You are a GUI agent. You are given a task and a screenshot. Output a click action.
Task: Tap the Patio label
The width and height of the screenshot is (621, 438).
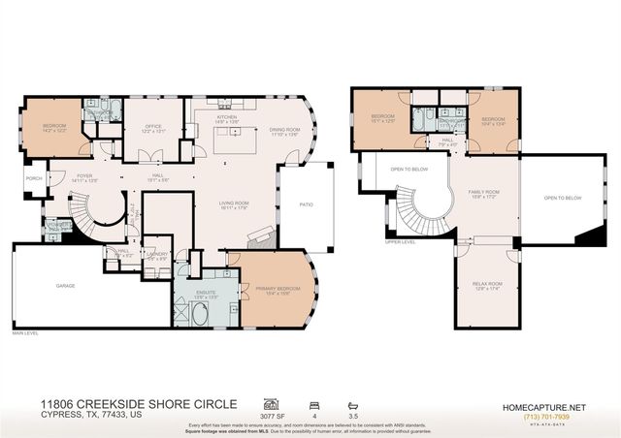tap(305, 204)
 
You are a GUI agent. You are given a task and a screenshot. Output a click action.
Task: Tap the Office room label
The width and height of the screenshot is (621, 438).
tap(153, 128)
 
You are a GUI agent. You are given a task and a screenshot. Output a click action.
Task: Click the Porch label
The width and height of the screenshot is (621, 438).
tap(34, 178)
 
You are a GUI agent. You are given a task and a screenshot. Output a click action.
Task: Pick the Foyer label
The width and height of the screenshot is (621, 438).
tap(85, 177)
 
